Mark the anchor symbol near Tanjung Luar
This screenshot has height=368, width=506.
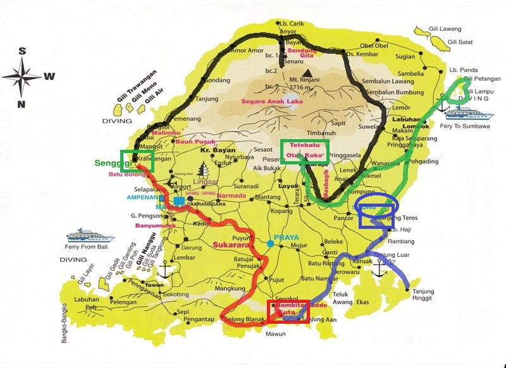click(x=379, y=269)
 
